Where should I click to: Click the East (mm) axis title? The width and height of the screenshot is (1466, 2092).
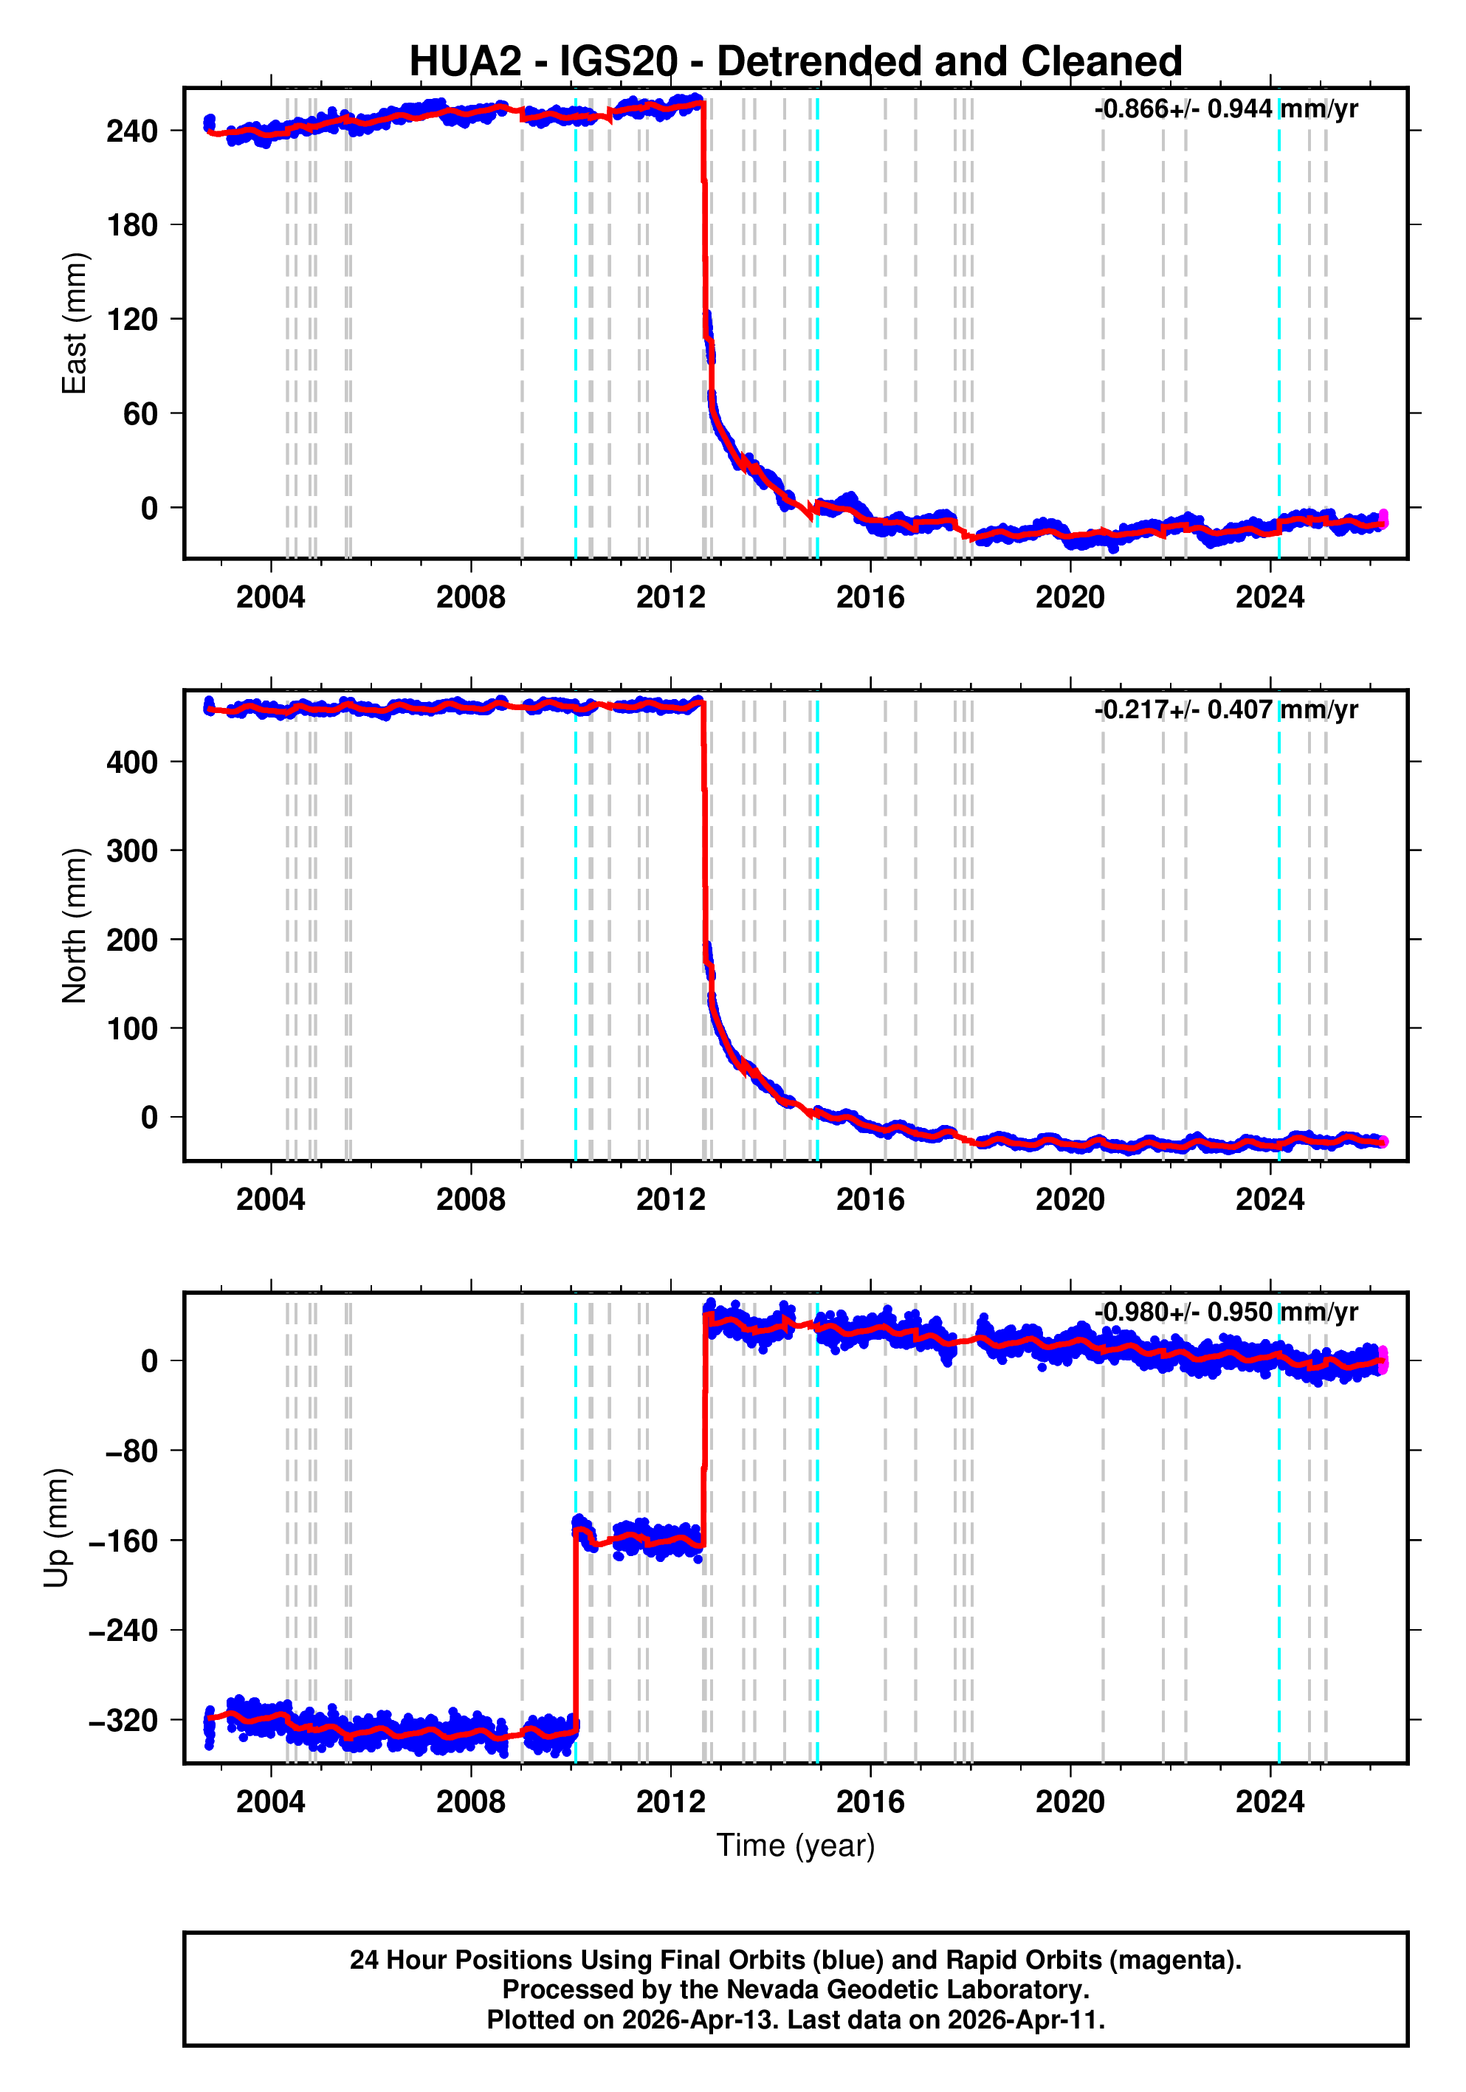(x=74, y=323)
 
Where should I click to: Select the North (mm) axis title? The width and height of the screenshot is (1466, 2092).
(x=74, y=926)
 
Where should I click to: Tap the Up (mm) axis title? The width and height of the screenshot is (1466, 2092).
(x=57, y=1528)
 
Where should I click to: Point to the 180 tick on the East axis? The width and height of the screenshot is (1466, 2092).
(x=132, y=225)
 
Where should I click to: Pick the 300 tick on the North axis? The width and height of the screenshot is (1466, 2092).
(x=132, y=851)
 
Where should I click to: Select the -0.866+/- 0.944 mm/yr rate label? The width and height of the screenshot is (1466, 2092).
(x=1225, y=109)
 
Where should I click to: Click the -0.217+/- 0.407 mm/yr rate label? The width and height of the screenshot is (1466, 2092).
(x=1225, y=710)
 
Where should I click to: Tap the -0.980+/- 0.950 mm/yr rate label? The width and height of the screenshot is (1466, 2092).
(x=1225, y=1312)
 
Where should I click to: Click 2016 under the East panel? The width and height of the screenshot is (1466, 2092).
(x=870, y=598)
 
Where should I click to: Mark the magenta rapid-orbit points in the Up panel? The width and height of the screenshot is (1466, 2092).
(x=1383, y=1360)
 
